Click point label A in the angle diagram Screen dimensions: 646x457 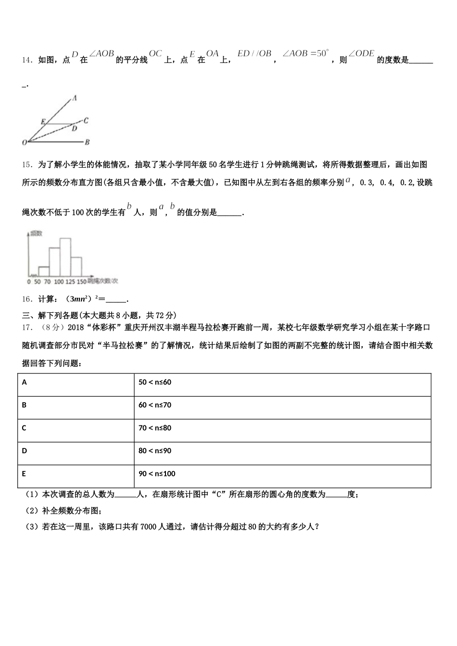pyautogui.click(x=75, y=98)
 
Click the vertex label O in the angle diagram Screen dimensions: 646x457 pyautogui.click(x=24, y=143)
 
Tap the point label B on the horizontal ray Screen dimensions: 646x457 pyautogui.click(x=87, y=142)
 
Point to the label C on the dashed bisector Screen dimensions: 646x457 pyautogui.click(x=85, y=121)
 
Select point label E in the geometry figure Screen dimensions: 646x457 pyautogui.click(x=43, y=122)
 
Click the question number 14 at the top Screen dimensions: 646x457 pyautogui.click(x=26, y=60)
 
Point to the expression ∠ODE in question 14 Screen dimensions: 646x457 pyautogui.click(x=361, y=54)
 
